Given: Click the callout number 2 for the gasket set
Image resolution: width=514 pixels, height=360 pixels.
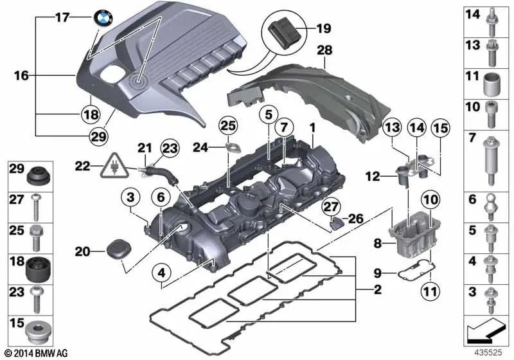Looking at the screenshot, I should [378, 290].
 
